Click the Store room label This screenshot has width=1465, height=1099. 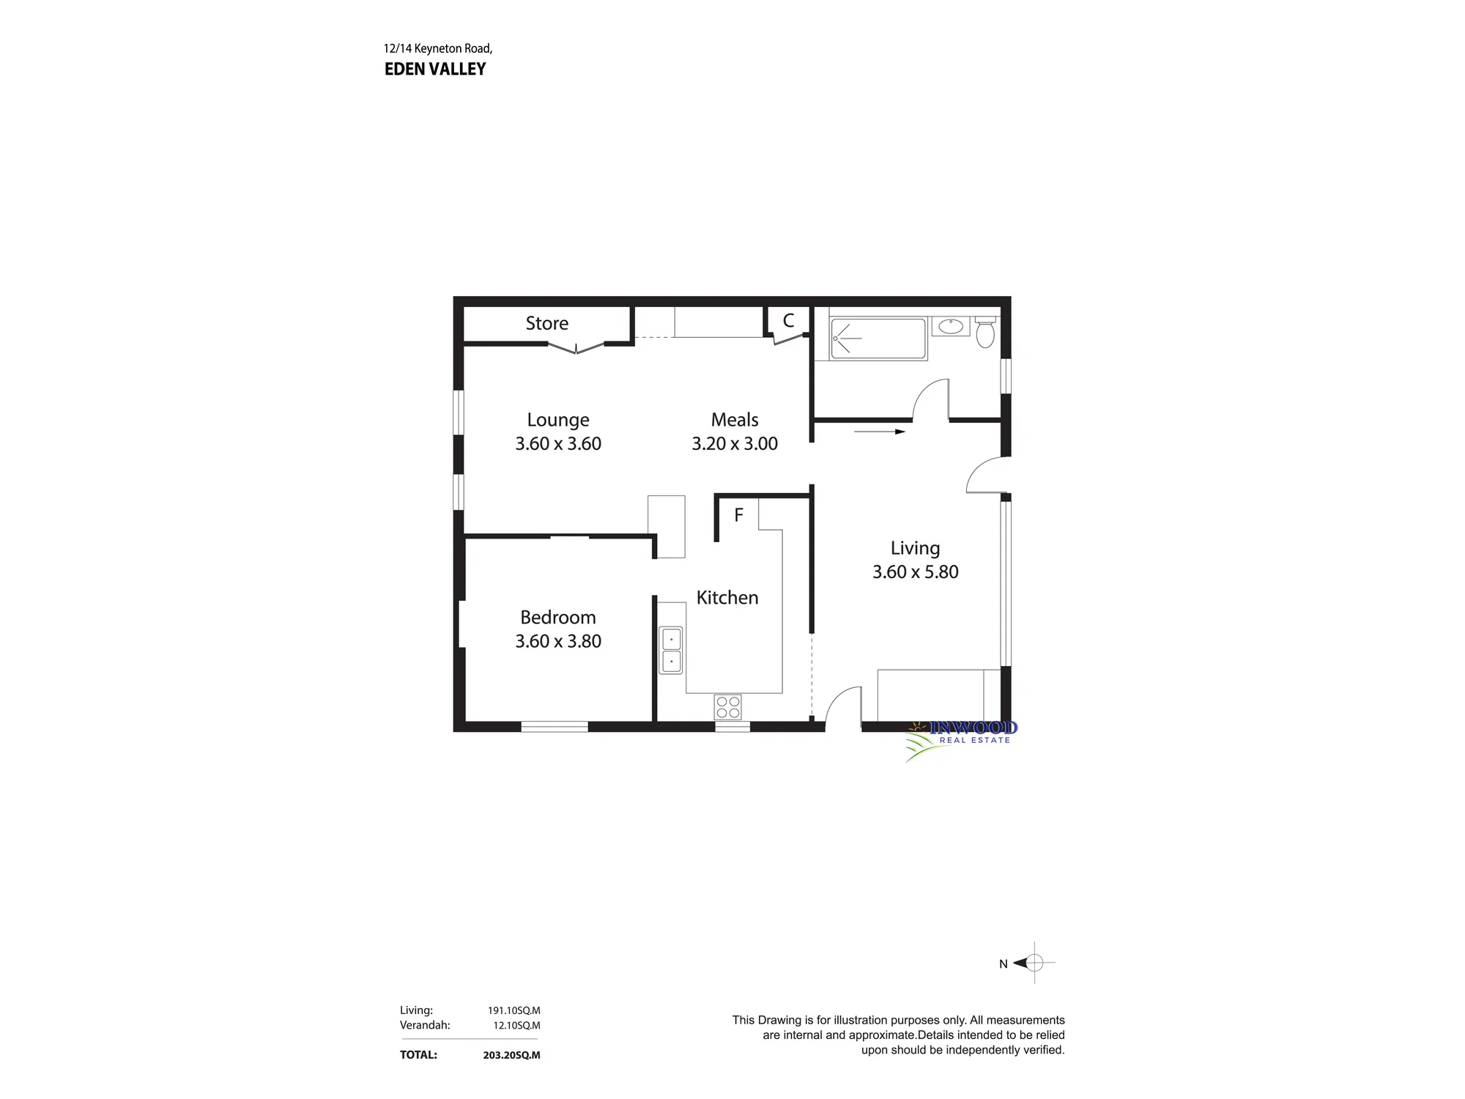point(546,323)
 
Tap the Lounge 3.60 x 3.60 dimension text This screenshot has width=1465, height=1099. point(558,443)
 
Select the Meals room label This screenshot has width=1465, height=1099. point(735,420)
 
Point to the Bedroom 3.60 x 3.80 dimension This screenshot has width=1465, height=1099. point(558,641)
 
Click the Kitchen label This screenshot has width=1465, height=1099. point(727,598)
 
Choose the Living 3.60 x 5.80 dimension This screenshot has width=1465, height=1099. point(916,571)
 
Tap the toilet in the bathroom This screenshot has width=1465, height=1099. point(986,332)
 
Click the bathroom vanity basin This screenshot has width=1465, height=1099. point(951,326)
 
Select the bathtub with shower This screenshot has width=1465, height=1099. point(878,338)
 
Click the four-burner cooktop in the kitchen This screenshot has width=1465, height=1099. point(728,707)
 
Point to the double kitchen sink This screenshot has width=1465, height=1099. point(671,650)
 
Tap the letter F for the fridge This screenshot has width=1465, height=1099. point(738,515)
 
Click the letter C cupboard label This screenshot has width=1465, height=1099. point(788,320)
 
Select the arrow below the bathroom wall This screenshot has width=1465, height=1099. point(880,432)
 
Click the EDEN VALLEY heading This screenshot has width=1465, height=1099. point(435,69)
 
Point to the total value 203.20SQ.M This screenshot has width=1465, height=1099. point(511,1055)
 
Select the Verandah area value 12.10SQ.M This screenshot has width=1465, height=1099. point(516,1025)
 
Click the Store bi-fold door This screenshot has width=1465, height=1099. point(577,349)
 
